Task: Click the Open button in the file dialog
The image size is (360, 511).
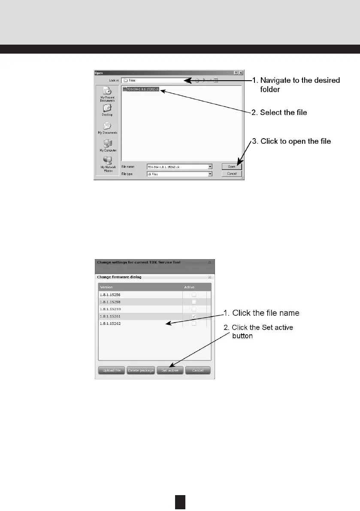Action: click(x=232, y=166)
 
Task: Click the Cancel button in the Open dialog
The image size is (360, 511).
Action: click(x=232, y=174)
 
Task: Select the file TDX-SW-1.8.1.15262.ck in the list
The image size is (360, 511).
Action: click(x=142, y=89)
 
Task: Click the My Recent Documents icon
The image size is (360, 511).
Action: click(x=107, y=91)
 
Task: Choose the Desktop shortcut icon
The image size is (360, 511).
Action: click(x=107, y=108)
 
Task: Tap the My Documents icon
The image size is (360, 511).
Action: click(x=107, y=126)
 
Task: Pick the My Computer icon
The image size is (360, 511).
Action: click(x=107, y=143)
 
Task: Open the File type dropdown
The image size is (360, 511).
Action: click(x=210, y=174)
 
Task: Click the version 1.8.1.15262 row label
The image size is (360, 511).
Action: click(x=110, y=324)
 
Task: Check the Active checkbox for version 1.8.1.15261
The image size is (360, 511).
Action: click(x=194, y=317)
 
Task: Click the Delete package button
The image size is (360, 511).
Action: click(x=140, y=370)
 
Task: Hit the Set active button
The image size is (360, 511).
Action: click(x=169, y=370)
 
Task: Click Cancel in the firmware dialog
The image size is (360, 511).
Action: click(x=198, y=370)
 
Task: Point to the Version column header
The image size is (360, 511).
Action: click(x=106, y=287)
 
